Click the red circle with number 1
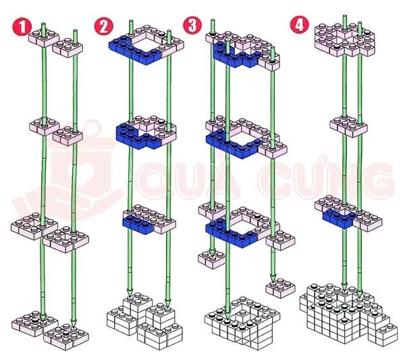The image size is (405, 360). click(x=20, y=26)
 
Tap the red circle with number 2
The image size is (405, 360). click(x=103, y=26)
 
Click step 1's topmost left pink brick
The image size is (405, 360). click(x=42, y=38)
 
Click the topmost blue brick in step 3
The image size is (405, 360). click(x=233, y=57)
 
